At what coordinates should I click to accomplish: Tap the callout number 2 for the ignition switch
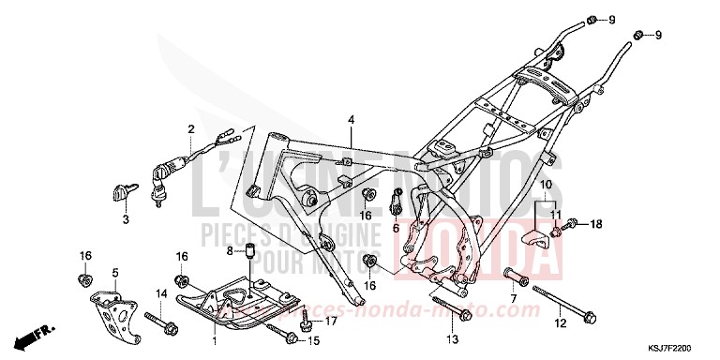pyautogui.click(x=190, y=129)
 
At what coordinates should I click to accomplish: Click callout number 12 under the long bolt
pyautogui.click(x=559, y=323)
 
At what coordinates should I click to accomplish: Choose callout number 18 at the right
pyautogui.click(x=594, y=224)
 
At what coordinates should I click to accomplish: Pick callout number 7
pyautogui.click(x=514, y=298)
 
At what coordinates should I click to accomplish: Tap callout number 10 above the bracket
pyautogui.click(x=545, y=185)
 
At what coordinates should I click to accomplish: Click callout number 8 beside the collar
pyautogui.click(x=228, y=250)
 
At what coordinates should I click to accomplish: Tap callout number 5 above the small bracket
pyautogui.click(x=114, y=273)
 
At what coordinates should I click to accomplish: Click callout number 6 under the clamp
pyautogui.click(x=395, y=227)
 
